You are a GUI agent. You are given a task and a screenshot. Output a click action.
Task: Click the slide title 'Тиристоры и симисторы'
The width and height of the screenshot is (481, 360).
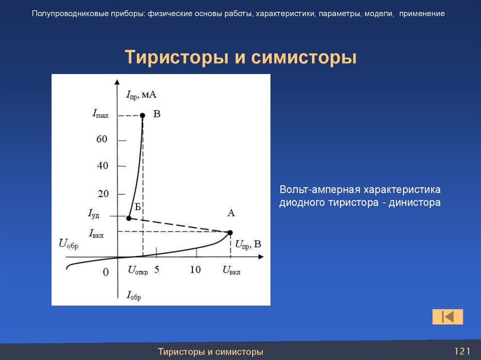pos(240,58)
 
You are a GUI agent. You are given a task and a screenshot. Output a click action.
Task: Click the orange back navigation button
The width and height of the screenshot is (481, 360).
pos(448,317)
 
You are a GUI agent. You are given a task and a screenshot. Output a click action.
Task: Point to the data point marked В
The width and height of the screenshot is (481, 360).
pos(142,115)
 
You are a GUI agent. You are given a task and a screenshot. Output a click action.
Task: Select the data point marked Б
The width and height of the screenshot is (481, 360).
pos(129,218)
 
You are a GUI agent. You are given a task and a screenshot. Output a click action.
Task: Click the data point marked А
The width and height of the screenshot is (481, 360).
pos(230,232)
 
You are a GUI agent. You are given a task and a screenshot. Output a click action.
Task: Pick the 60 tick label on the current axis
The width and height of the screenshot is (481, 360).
pos(102,139)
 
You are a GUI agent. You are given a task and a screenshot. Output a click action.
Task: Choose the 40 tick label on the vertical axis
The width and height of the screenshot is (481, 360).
pos(102,166)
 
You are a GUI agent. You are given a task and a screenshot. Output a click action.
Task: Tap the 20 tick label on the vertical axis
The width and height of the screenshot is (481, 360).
pos(102,193)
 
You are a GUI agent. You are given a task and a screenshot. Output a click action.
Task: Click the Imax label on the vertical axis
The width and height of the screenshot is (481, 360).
pos(101,114)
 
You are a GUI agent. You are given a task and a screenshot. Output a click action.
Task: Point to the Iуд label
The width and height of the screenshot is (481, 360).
pos(93,214)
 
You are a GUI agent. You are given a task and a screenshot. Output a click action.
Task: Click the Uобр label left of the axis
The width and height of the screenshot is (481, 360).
pos(69,244)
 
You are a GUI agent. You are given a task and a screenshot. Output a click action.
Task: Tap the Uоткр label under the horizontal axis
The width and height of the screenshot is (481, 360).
pos(138,271)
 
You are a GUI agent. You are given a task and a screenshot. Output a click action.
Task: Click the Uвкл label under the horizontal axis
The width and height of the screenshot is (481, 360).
pos(232,271)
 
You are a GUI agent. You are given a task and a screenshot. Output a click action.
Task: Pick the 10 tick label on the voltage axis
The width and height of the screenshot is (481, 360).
pos(195,270)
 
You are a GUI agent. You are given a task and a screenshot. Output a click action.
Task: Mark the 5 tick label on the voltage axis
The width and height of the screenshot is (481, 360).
pos(157,270)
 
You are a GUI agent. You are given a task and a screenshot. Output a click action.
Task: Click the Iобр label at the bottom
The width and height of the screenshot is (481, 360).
pos(133,296)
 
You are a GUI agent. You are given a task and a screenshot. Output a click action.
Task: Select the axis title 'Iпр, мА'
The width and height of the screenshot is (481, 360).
pos(141,95)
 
